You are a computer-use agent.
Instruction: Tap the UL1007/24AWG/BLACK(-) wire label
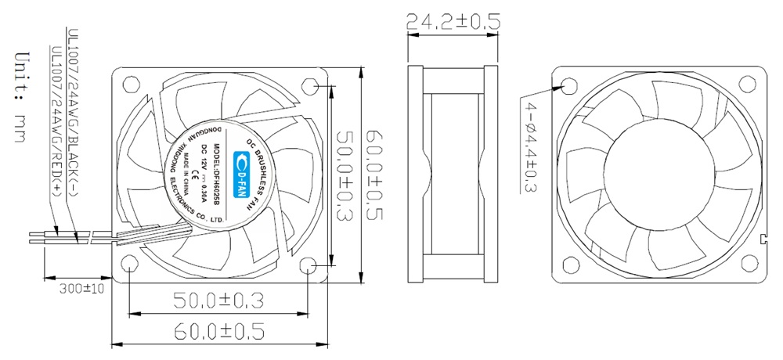73,114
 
